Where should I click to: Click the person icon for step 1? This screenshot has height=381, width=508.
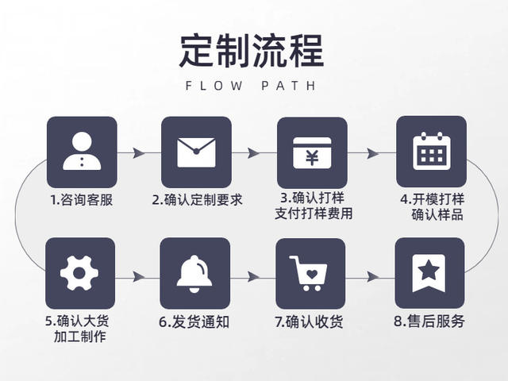[82, 152]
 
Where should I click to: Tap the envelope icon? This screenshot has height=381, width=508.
[196, 152]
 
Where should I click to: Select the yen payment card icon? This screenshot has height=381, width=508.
[312, 152]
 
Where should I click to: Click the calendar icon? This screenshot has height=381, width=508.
[432, 151]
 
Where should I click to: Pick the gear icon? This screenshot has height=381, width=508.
[79, 273]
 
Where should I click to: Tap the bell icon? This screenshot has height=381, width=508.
[194, 274]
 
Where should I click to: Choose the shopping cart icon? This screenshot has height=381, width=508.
[309, 273]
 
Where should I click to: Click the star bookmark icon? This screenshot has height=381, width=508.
[429, 273]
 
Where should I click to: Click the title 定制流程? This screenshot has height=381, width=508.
[252, 51]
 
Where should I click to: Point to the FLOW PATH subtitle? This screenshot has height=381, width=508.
[251, 86]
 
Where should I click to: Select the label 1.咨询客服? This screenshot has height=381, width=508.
[82, 200]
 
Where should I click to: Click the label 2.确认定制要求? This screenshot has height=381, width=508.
[198, 200]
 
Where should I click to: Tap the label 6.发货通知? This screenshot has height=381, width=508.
[194, 322]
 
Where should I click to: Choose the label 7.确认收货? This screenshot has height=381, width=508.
[309, 322]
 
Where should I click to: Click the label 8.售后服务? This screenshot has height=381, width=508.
[429, 321]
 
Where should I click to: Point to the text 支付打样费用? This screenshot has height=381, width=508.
[314, 214]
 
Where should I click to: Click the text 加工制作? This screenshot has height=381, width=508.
[80, 337]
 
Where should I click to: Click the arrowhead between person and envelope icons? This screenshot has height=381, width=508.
[139, 152]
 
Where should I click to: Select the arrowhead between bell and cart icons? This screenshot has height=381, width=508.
[253, 277]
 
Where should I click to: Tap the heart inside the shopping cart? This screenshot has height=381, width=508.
[312, 275]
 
